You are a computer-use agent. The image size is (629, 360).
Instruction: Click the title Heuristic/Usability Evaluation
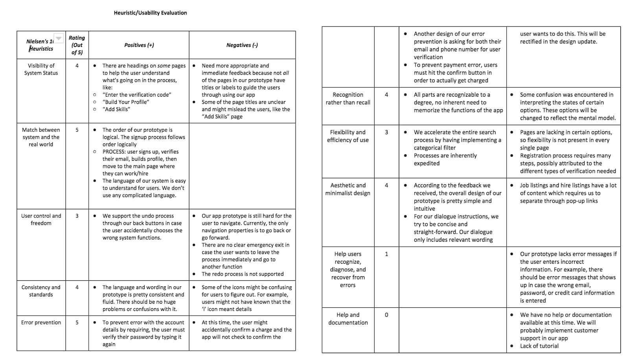(150, 13)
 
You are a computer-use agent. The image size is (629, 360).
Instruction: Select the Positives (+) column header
(139, 45)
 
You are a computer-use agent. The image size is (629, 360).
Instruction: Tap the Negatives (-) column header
(242, 45)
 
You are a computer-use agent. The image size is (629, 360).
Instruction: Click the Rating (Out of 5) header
(77, 45)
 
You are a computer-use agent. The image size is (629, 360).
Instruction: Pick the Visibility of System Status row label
(41, 69)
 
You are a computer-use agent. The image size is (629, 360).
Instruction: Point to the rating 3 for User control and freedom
(77, 216)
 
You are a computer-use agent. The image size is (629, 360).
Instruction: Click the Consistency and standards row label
(41, 291)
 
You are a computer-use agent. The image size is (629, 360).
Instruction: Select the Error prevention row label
(41, 322)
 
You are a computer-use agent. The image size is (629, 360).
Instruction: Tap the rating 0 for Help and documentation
(386, 315)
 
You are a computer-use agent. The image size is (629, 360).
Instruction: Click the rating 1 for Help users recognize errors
(386, 254)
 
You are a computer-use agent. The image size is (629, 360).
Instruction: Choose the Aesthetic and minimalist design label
(348, 189)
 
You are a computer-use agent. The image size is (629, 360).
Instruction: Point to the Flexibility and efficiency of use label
(348, 136)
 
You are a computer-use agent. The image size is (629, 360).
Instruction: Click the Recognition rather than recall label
(348, 98)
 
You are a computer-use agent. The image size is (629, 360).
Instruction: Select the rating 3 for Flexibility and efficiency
(386, 132)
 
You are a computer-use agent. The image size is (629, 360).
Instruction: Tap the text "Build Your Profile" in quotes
(126, 102)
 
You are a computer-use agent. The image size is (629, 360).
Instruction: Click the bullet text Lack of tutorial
(539, 346)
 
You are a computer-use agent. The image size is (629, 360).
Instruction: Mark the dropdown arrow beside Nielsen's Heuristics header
(58, 38)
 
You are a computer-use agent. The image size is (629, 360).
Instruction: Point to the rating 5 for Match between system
(77, 130)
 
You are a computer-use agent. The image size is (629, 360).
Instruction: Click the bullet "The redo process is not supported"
(243, 274)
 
